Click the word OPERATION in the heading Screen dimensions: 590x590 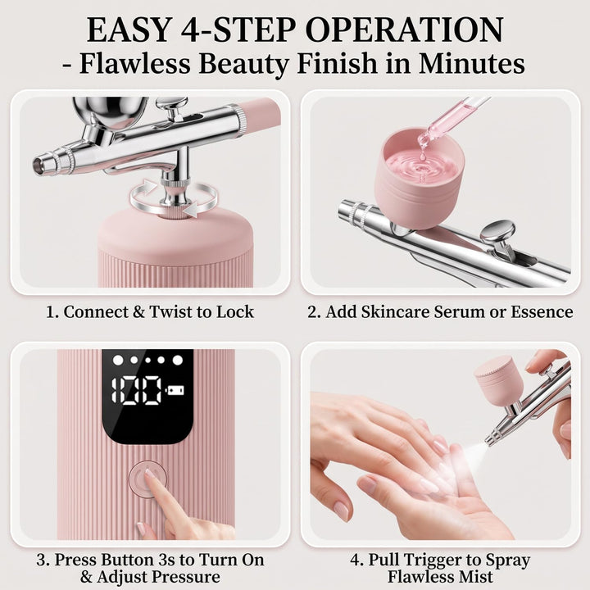[x=406, y=29]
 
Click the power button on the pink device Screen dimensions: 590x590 [x=147, y=479]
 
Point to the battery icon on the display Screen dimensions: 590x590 [x=176, y=390]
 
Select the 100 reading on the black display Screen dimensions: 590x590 [x=137, y=390]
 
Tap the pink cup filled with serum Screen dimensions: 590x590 [x=420, y=176]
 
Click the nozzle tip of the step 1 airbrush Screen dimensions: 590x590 [x=38, y=165]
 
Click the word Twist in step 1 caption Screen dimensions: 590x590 [x=170, y=312]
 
